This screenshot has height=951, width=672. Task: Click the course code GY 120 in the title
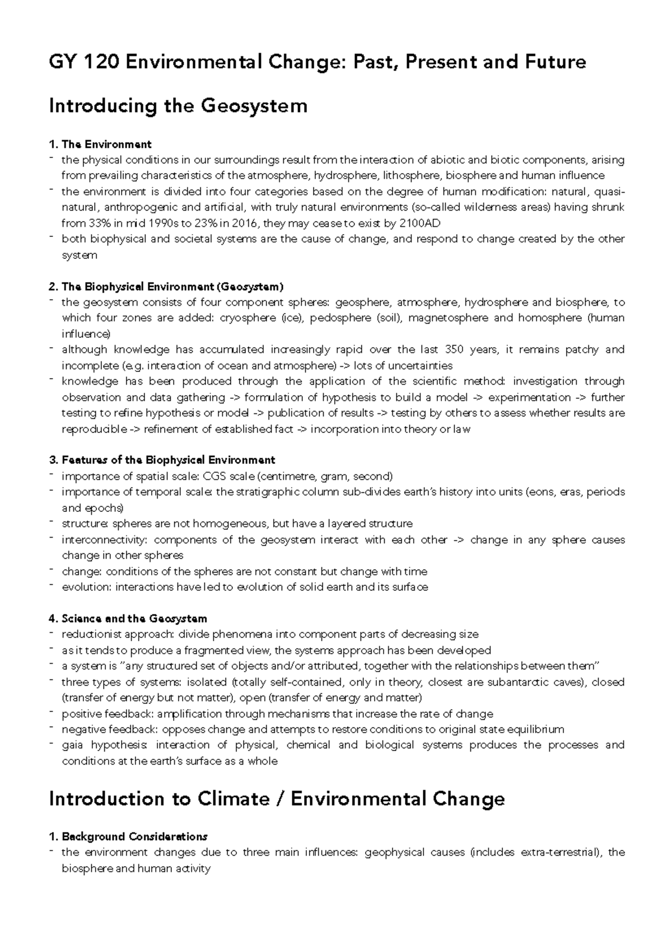click(x=83, y=62)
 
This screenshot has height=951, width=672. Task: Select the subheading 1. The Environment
click(x=100, y=144)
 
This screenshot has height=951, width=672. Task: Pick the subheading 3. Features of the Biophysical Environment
click(x=162, y=460)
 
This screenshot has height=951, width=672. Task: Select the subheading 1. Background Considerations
click(x=128, y=837)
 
